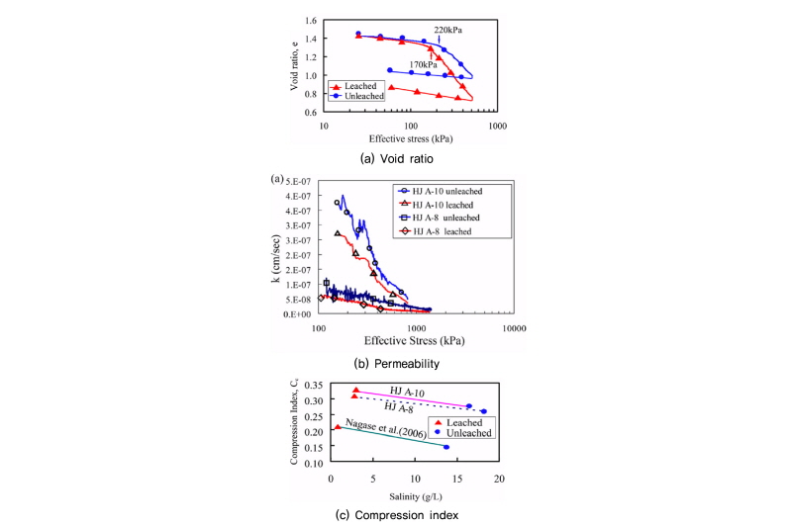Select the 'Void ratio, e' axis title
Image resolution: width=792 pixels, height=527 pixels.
coord(295,65)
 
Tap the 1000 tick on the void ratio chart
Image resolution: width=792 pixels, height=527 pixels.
coord(497,126)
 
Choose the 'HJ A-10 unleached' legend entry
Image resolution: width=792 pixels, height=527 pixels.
coord(443,189)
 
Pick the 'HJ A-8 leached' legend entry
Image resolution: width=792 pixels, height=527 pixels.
coord(436,230)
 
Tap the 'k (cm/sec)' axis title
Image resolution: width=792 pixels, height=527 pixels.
coord(277,261)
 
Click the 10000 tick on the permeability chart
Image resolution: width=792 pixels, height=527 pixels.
coord(513,328)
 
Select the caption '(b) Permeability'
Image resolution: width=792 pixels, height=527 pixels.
coord(396,364)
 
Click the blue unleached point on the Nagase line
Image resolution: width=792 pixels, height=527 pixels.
coord(445,447)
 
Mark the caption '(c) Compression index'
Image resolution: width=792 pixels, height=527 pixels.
coord(396,514)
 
